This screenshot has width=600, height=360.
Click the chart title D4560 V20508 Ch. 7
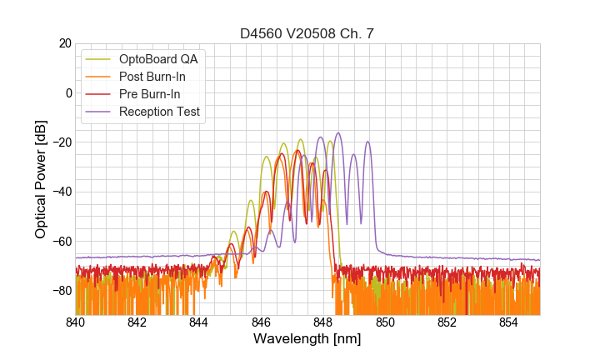click(x=307, y=34)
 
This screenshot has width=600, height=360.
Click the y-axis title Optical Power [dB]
click(x=41, y=179)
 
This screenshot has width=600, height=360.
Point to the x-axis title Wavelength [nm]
click(x=307, y=340)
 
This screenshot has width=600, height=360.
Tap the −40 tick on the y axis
click(x=62, y=192)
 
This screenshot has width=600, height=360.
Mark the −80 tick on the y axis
click(x=62, y=291)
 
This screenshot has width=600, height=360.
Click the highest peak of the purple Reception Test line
click(x=338, y=132)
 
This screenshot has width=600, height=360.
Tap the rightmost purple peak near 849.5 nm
click(x=367, y=142)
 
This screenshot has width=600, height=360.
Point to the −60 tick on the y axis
click(x=62, y=242)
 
